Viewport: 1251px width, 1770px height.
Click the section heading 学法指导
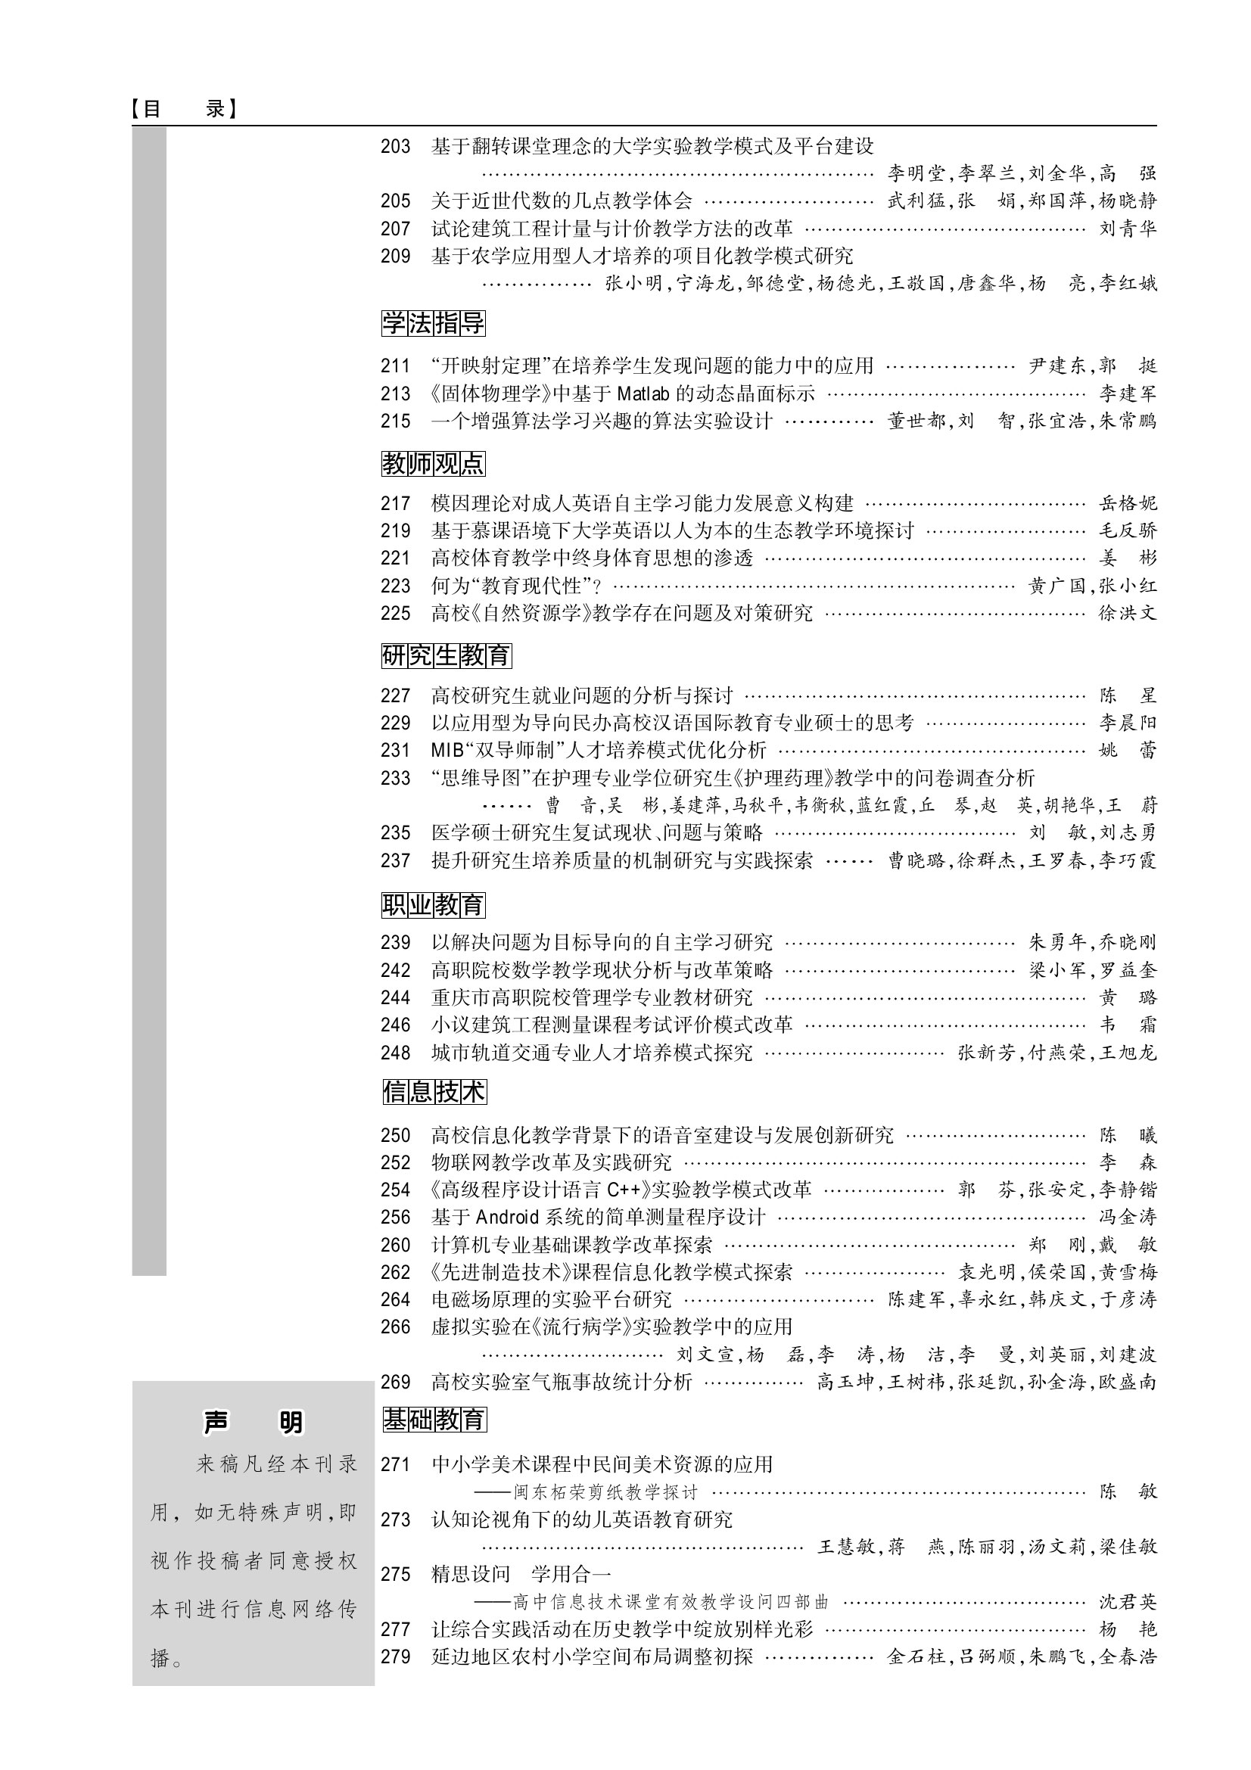[x=433, y=323]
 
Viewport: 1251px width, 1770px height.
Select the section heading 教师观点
[x=433, y=463]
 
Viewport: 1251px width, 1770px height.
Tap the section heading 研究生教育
[x=447, y=655]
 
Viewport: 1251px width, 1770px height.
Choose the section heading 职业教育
[x=433, y=904]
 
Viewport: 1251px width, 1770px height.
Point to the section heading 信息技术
[x=434, y=1092]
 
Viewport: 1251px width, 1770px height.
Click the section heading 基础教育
[x=434, y=1419]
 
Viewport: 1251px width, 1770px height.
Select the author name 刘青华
[x=1127, y=229]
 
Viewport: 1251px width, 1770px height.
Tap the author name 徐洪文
[x=1127, y=614]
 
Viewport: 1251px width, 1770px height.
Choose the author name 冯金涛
[x=1127, y=1218]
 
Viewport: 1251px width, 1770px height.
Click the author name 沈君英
[x=1127, y=1602]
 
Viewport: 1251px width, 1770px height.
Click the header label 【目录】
[x=183, y=109]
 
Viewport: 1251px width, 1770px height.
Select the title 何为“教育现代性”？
[x=515, y=586]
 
